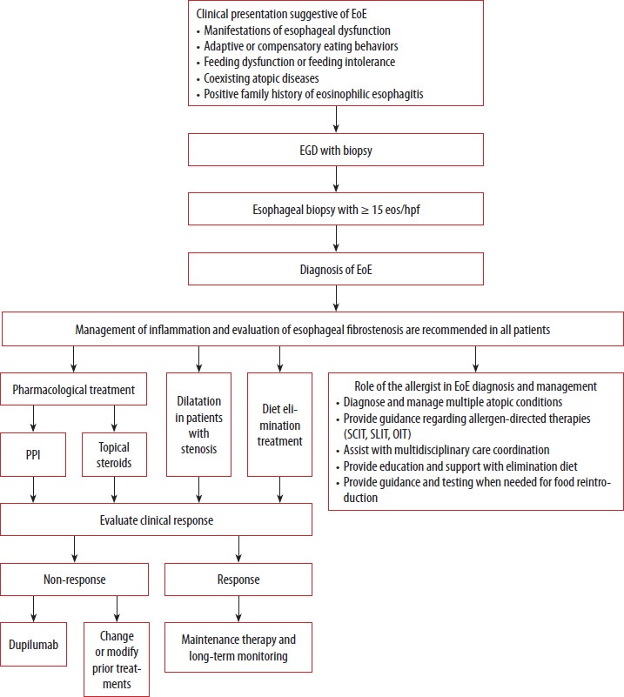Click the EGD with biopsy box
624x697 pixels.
coord(336,150)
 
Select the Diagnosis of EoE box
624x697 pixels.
coord(336,269)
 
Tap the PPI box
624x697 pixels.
coord(33,455)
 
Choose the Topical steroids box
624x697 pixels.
coord(114,455)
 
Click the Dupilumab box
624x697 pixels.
coord(33,644)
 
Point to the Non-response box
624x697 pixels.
coord(74,580)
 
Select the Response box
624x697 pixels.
coord(238,580)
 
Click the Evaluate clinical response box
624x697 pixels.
coord(156,519)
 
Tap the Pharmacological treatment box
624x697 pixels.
coord(73,389)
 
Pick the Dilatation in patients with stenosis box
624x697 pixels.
coord(198,425)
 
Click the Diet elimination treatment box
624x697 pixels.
coord(279,425)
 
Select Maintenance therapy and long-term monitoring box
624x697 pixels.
coord(238,647)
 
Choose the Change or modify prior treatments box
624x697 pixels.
coord(117,660)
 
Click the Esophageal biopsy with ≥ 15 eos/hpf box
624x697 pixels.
coord(336,209)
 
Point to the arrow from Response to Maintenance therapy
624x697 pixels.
coord(238,609)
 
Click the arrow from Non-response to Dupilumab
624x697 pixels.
coord(33,609)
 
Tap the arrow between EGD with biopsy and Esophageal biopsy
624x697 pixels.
coord(336,179)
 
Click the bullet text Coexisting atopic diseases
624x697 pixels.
coord(261,78)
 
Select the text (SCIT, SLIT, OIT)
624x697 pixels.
coord(377,434)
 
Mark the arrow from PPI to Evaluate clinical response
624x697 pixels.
coord(33,490)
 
